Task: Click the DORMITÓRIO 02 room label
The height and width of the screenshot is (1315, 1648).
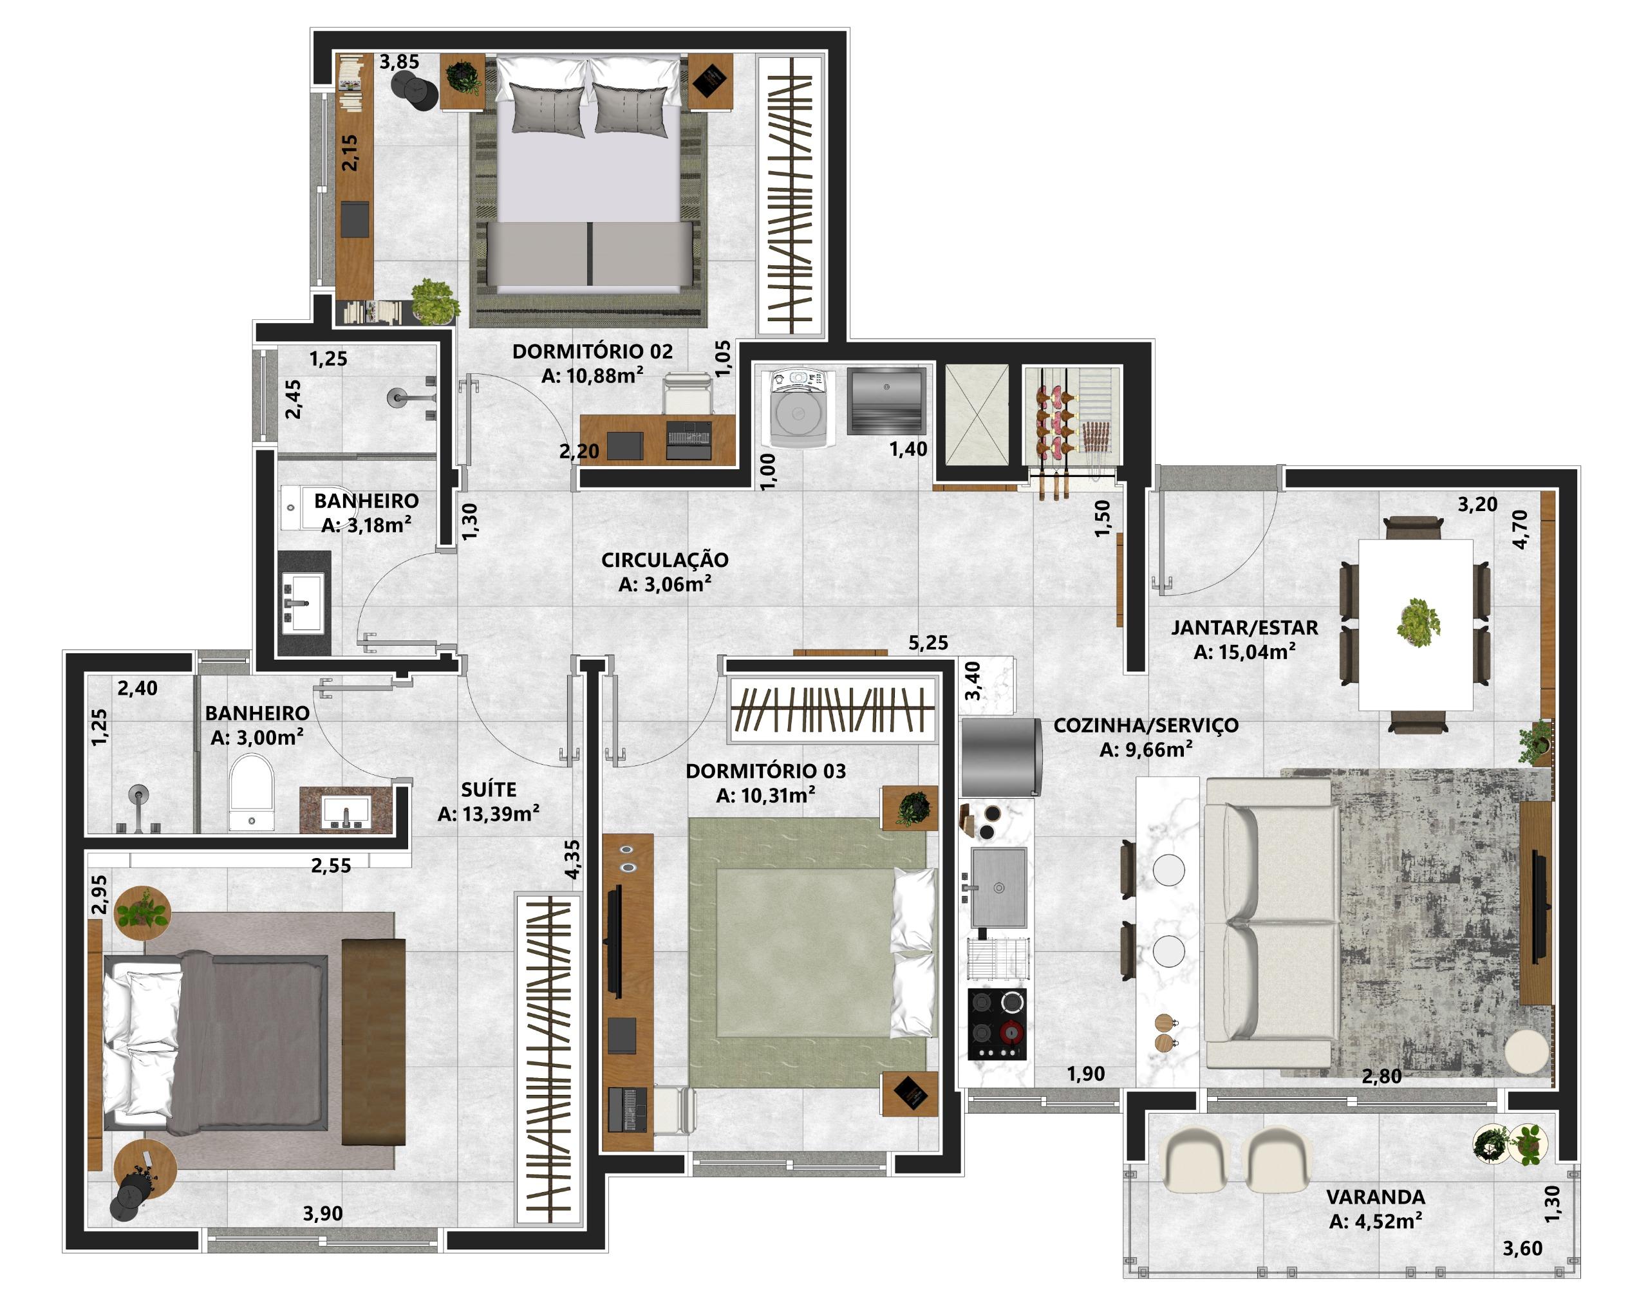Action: [592, 351]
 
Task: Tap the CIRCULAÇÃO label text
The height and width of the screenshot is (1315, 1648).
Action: [665, 559]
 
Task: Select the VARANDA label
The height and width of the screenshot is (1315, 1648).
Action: [1375, 1197]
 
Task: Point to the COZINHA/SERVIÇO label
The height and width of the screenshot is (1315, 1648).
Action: [1146, 725]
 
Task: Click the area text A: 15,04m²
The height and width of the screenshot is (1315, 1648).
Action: [1244, 652]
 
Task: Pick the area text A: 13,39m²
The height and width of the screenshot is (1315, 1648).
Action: [489, 814]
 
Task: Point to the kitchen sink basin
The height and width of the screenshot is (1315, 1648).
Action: [998, 886]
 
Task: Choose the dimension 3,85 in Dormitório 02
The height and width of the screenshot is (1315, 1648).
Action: [399, 62]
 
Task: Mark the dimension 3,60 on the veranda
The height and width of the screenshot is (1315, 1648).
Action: [1522, 1249]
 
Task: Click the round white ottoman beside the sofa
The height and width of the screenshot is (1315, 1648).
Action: [1527, 1052]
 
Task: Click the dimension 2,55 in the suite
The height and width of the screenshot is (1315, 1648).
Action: [331, 866]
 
